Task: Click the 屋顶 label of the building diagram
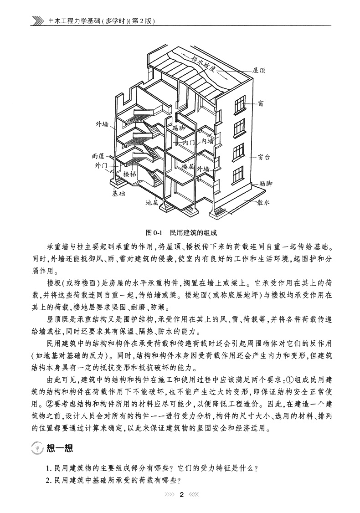point(259,71)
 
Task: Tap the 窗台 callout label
point(264,157)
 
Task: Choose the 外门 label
point(101,165)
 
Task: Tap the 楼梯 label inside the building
point(130,174)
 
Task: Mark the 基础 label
point(118,193)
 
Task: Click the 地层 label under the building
point(152,202)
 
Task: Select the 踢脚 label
point(175,129)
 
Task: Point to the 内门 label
point(189,143)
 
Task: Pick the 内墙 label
point(207,141)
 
